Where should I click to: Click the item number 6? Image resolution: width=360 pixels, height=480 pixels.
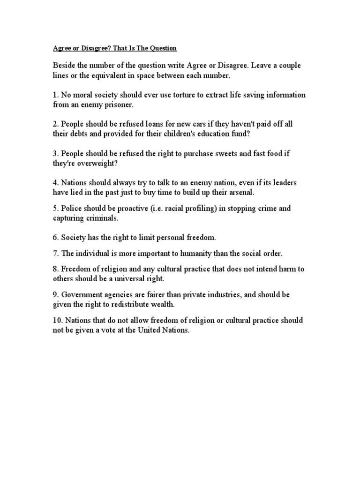(55, 238)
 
